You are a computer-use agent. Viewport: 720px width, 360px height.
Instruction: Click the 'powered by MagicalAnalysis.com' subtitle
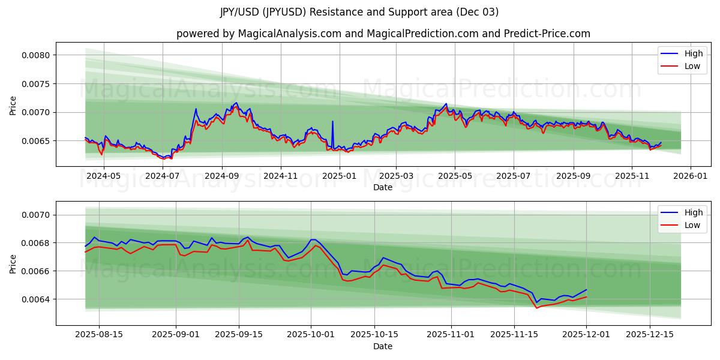pyautogui.click(x=383, y=34)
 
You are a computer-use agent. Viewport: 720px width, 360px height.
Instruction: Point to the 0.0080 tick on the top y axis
pyautogui.click(x=35, y=55)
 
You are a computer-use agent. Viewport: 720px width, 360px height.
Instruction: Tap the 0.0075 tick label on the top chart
pyautogui.click(x=35, y=84)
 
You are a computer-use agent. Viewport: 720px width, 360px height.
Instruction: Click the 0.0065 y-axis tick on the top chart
pyautogui.click(x=35, y=141)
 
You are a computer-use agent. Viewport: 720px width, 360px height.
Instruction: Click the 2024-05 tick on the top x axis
pyautogui.click(x=104, y=176)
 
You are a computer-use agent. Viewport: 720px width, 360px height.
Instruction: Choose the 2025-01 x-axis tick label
pyautogui.click(x=340, y=176)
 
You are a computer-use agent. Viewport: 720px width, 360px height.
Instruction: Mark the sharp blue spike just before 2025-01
pyautogui.click(x=332, y=122)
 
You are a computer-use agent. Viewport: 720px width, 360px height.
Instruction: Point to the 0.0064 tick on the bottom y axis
pyautogui.click(x=35, y=299)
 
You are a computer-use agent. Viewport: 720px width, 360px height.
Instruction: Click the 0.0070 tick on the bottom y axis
pyautogui.click(x=35, y=215)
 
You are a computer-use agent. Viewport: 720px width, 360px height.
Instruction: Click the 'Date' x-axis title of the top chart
pyautogui.click(x=383, y=187)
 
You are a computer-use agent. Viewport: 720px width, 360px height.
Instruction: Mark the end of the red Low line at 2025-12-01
pyautogui.click(x=586, y=296)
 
